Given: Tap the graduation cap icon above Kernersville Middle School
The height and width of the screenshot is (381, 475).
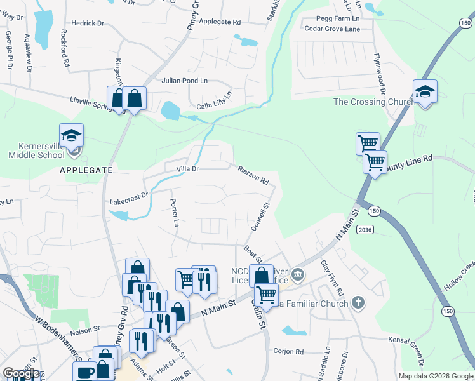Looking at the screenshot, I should coord(72,135).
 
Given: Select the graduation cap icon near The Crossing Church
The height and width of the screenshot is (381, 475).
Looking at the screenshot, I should coord(424,92).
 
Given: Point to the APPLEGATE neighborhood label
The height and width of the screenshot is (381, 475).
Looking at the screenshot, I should coord(86,170).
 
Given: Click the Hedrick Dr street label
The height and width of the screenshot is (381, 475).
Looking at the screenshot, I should coord(88,23).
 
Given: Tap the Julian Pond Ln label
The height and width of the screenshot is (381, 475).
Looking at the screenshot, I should coord(184,81).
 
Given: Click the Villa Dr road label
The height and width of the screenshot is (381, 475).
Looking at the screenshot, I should coord(187,169).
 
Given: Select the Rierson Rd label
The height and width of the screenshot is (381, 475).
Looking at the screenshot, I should coord(253,175).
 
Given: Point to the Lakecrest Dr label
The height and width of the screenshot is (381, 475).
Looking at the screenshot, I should coord(128,199).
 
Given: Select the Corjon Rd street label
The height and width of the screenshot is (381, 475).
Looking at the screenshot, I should coord(288,351).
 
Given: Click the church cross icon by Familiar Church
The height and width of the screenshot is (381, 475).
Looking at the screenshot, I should coord(358,302).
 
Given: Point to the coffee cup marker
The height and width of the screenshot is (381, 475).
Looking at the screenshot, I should coord(85,372).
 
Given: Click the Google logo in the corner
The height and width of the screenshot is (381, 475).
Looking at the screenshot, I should coord(20,373).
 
